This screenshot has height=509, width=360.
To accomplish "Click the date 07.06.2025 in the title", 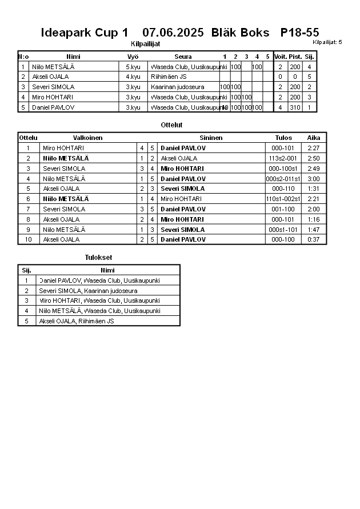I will click(173, 33).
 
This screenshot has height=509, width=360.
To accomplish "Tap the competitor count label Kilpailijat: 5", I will click(327, 42).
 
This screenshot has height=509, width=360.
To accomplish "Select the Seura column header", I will click(183, 57).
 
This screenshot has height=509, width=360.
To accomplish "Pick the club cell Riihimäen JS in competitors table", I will click(169, 77).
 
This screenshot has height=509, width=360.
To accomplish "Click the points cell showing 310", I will click(295, 107).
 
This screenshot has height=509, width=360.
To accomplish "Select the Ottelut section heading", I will click(172, 125).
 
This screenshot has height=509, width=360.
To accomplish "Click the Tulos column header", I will click(283, 138).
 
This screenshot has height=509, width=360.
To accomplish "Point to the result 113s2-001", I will click(283, 158).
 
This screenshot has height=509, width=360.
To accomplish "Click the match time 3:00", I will click(313, 179).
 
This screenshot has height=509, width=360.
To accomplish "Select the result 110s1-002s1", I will click(283, 199).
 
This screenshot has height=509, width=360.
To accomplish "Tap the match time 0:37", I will click(313, 240).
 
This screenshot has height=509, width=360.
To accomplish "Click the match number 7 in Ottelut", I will click(28, 209).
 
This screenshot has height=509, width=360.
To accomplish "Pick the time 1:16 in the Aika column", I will click(313, 219).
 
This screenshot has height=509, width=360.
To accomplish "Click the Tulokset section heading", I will click(98, 258).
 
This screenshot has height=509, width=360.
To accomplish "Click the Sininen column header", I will click(211, 138).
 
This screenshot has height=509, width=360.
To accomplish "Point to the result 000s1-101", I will click(283, 230).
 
